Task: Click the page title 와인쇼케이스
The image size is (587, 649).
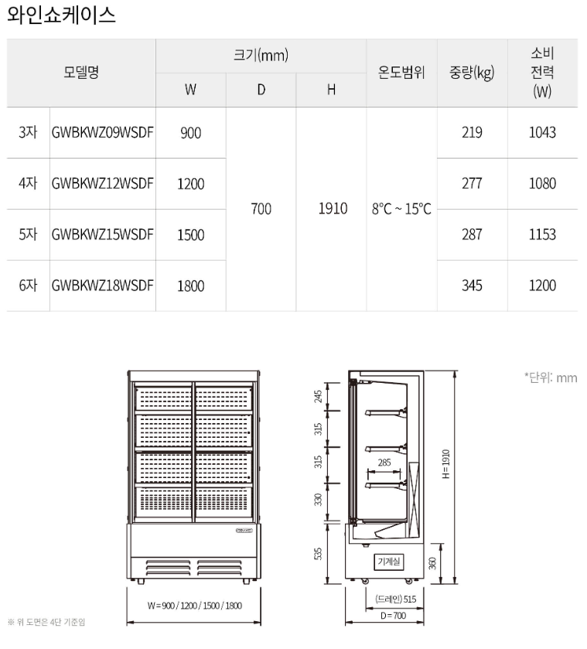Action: tap(61, 15)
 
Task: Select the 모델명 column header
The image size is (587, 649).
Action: tap(81, 73)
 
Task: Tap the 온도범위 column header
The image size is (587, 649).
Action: tap(401, 73)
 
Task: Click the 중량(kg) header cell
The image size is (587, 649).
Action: tap(472, 73)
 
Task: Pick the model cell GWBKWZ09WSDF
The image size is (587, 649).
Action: tap(103, 132)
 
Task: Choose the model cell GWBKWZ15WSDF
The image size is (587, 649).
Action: tap(103, 234)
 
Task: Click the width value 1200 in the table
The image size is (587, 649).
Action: tap(191, 184)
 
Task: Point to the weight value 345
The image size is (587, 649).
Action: tap(472, 285)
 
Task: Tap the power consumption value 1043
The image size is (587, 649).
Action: tap(542, 132)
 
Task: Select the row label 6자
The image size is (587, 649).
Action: tap(28, 285)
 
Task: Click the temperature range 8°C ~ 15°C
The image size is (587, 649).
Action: tap(401, 209)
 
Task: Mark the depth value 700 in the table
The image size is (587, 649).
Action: tap(261, 209)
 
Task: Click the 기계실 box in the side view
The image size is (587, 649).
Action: tap(389, 562)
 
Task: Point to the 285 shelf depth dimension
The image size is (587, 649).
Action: tap(384, 463)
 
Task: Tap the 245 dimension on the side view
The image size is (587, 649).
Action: tap(318, 397)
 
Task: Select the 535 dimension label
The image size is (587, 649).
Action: tap(318, 554)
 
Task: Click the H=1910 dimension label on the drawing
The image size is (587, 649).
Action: tap(445, 464)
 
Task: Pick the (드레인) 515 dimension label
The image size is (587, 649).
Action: tap(395, 599)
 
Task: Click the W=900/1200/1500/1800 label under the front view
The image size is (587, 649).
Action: tap(195, 606)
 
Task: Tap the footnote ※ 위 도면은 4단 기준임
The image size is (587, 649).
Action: tap(46, 622)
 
